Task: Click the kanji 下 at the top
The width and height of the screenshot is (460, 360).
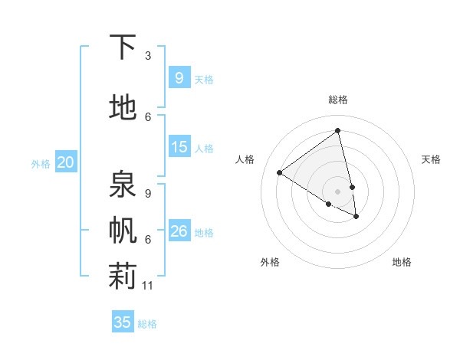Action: tap(123, 47)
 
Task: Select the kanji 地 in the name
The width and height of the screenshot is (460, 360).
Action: tap(123, 108)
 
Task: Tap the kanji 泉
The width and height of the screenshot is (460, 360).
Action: tap(123, 184)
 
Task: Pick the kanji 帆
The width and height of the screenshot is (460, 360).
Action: tap(123, 231)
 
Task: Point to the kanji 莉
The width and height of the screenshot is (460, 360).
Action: tap(123, 277)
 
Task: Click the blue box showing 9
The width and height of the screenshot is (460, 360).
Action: tap(179, 78)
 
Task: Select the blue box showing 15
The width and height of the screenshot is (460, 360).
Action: tap(179, 147)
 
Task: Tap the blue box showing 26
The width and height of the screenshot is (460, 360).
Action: tap(179, 231)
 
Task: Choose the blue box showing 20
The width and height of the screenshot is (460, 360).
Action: tap(65, 162)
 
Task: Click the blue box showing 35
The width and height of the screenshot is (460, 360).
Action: tap(123, 322)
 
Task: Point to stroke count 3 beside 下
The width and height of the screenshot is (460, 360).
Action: tap(148, 56)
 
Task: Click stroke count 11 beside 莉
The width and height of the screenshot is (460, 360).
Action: tap(148, 286)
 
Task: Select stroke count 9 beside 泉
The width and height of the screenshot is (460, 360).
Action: tap(148, 194)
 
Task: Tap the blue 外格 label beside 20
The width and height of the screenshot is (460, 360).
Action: tap(41, 163)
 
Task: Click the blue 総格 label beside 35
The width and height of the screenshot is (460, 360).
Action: tap(147, 324)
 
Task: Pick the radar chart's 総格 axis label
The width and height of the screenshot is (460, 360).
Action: tap(338, 100)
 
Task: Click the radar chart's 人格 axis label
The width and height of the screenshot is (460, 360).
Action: tap(245, 159)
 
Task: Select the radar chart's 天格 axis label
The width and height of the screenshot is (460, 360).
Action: tap(431, 159)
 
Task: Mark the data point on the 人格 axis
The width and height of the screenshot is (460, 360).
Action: tap(279, 172)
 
